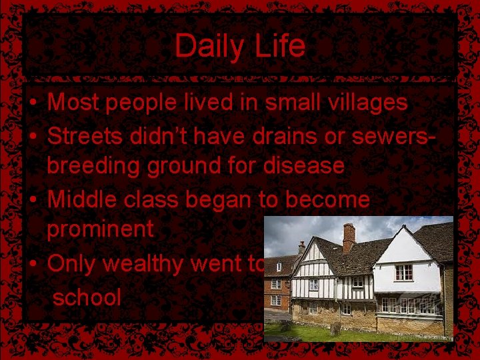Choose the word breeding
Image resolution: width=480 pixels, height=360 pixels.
pos(95,166)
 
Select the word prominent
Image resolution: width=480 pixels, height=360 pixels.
pos(100,229)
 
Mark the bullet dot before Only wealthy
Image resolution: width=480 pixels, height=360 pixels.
pos(32,264)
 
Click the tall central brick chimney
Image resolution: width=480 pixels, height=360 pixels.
pos(349,237)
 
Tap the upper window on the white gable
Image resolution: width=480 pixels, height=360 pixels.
pos(403,272)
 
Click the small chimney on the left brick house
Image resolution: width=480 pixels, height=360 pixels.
pos(301,247)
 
